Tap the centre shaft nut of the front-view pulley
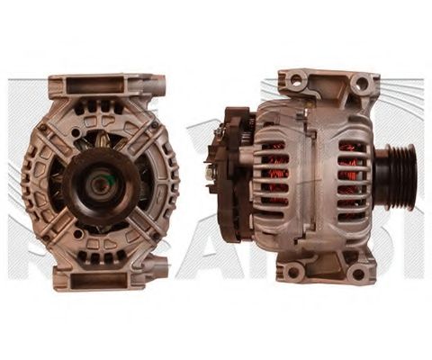pos(97,184)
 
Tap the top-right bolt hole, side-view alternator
pos(360,83)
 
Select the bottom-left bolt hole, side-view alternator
pos(292,272)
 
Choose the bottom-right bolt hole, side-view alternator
pos(359,274)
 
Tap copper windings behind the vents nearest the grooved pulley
pos(351,175)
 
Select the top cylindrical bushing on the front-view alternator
pos(159,85)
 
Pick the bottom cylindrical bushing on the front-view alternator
pos(159,267)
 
